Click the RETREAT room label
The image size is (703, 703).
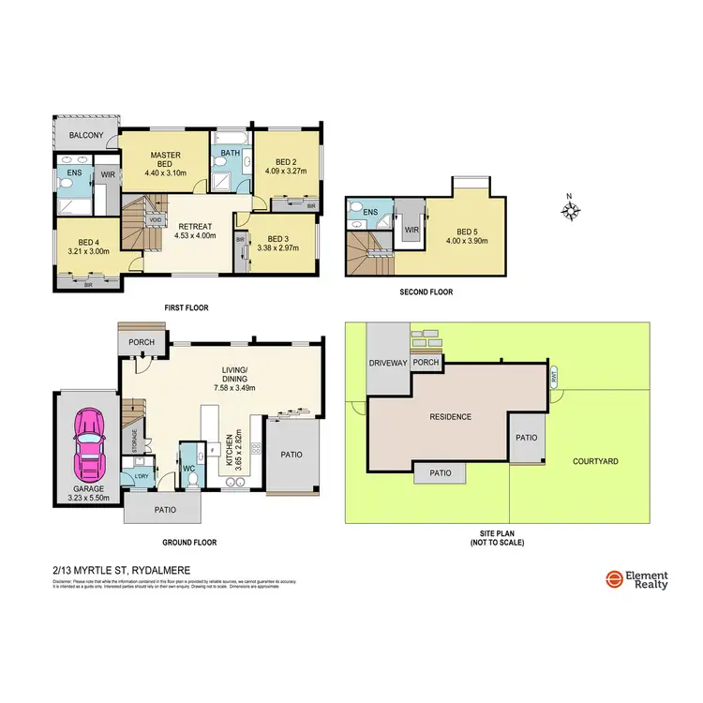click(196, 226)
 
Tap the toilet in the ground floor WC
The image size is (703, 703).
click(193, 477)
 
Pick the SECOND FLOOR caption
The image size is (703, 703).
click(426, 292)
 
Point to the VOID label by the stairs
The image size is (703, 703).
click(155, 220)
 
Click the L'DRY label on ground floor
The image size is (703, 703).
click(142, 477)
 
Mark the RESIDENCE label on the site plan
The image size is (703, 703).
click(449, 416)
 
